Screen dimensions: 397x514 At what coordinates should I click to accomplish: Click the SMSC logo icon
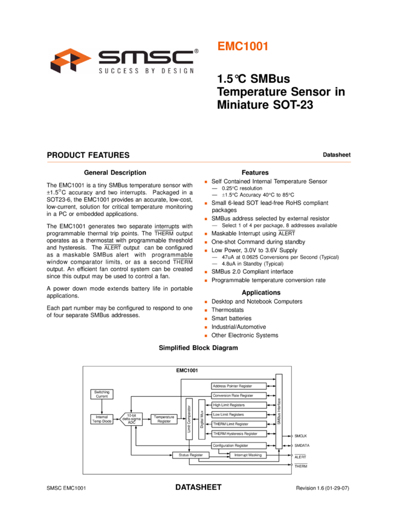coord(71,60)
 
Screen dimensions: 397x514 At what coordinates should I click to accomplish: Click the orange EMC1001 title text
coord(242,47)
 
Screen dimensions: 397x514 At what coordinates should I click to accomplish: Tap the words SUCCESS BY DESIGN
coord(146,71)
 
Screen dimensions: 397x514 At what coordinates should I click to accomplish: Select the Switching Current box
coord(102,394)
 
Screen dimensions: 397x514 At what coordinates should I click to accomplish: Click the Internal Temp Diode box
coord(102,418)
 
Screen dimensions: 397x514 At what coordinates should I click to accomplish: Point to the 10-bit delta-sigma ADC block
coord(132,418)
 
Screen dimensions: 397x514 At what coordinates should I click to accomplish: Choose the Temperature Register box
coord(164,418)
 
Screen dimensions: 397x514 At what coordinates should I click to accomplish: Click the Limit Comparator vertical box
coord(189,418)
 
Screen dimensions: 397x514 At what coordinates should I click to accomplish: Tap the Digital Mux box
coord(202,418)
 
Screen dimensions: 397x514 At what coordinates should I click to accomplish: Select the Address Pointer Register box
coord(239,386)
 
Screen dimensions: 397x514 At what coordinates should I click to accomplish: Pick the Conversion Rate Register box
coord(239,395)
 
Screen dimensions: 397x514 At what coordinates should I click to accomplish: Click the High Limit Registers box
coord(239,405)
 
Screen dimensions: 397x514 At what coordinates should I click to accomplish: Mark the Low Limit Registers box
coord(239,415)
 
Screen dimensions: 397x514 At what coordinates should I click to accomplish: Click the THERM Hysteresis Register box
coord(239,434)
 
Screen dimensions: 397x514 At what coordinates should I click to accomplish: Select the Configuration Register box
coord(239,445)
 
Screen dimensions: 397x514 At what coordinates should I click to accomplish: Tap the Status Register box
coord(190,455)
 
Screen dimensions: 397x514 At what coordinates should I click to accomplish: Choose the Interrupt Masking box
coord(247,455)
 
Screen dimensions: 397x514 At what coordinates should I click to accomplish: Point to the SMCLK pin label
coord(301,436)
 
